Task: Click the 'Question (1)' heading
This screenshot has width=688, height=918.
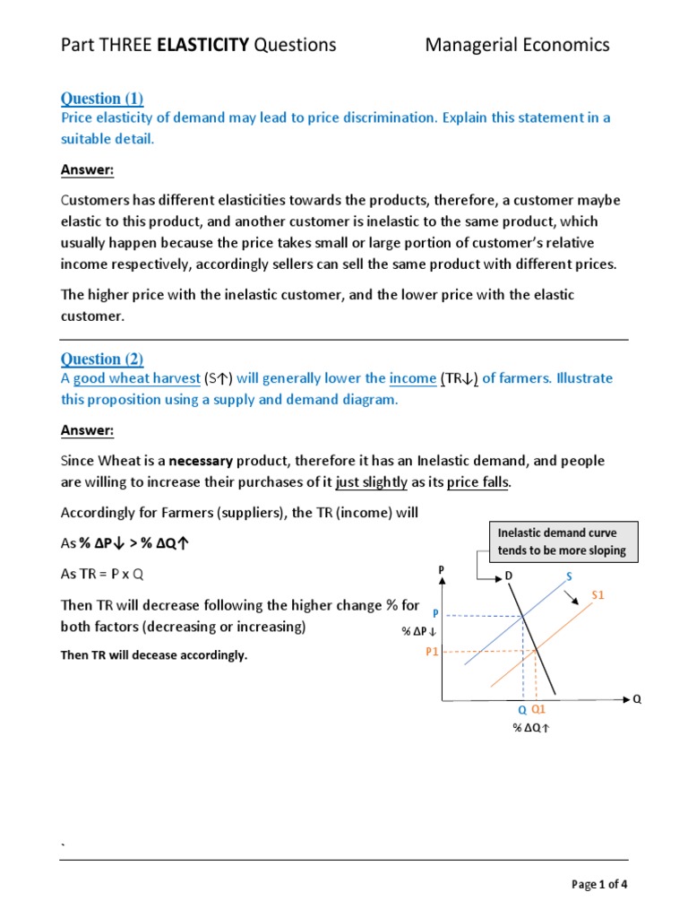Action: (101, 99)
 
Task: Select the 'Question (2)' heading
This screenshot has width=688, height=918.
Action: (101, 359)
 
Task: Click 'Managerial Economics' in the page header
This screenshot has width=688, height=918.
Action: (517, 45)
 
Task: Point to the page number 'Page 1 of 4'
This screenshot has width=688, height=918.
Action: (599, 885)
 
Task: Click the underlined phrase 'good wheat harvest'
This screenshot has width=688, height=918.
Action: (136, 378)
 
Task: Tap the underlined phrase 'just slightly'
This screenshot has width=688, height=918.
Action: (371, 482)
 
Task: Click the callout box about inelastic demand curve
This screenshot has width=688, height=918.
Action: (562, 541)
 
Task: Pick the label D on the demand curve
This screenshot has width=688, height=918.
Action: (510, 574)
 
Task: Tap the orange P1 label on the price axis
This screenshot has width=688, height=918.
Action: (432, 653)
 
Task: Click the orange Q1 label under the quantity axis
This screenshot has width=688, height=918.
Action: (538, 709)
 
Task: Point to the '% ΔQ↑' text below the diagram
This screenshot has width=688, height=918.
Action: (531, 727)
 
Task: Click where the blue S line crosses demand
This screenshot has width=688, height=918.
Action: (524, 616)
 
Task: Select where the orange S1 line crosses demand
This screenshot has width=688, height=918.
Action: (535, 652)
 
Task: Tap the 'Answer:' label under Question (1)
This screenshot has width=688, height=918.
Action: (87, 170)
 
